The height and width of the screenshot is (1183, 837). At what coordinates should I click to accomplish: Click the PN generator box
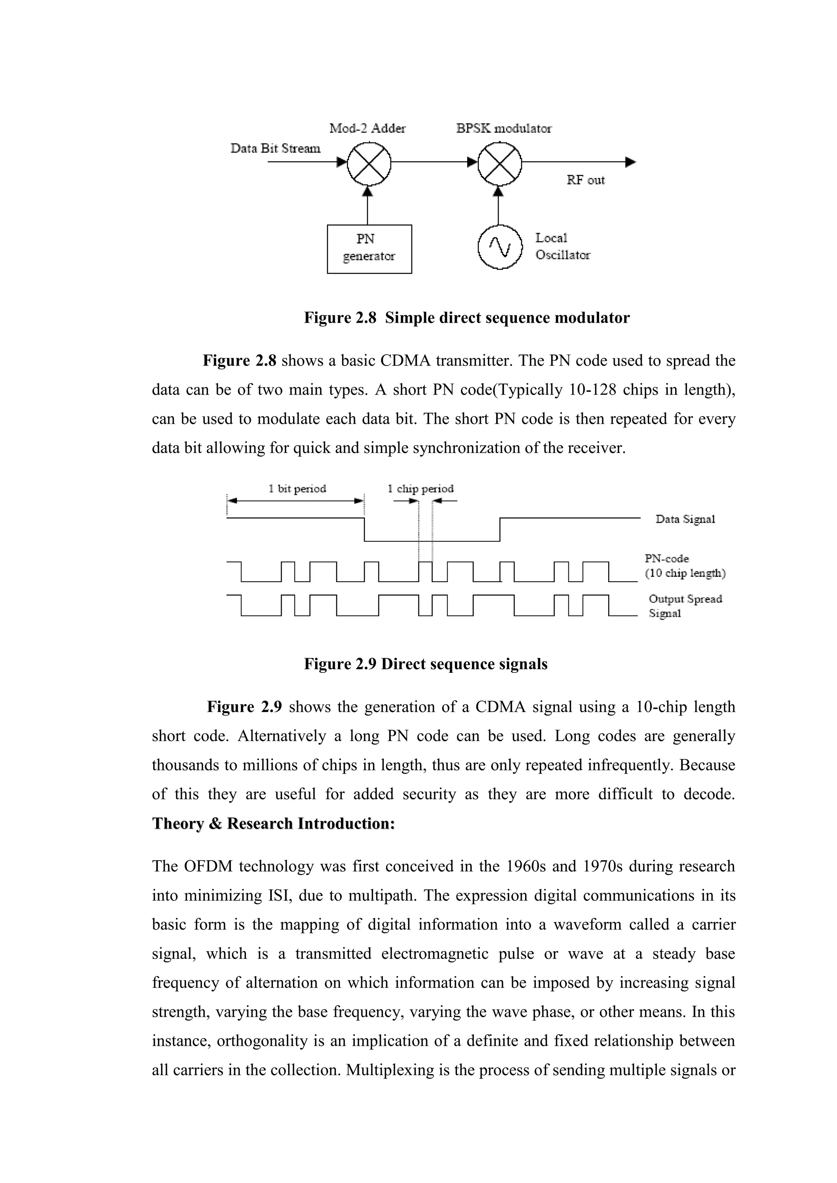pos(369,249)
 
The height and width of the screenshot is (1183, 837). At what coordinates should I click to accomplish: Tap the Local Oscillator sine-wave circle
pos(499,247)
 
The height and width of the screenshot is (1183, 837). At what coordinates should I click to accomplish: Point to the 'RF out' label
pos(586,180)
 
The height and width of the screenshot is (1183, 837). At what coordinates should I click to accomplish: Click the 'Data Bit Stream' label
pos(275,148)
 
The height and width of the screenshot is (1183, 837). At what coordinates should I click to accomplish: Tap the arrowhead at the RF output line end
pos(631,162)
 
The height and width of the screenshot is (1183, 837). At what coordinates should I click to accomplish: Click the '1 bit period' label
pos(298,489)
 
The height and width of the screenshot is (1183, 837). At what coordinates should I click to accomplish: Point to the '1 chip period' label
pos(421,489)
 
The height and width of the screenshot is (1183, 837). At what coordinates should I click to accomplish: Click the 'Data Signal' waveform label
pos(685,519)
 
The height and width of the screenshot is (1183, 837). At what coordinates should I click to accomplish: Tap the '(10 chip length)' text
pos(685,574)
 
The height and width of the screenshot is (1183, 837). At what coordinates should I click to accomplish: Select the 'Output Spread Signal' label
pos(685,606)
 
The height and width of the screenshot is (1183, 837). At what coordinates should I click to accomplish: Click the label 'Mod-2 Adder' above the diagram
pos(367,128)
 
